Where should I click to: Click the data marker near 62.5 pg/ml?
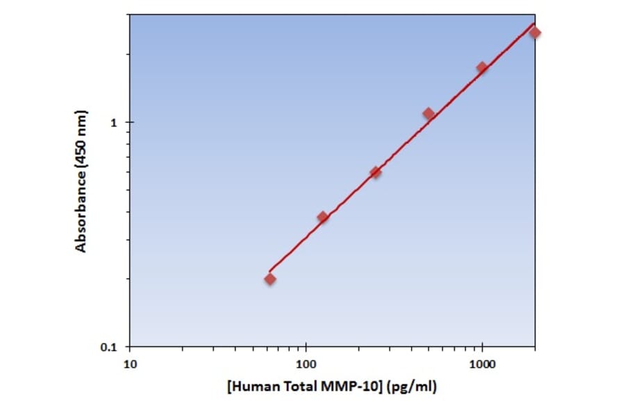tap(270, 279)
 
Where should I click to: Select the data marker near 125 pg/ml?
tap(323, 217)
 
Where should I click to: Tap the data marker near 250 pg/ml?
tap(376, 172)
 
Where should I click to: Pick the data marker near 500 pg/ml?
tap(428, 113)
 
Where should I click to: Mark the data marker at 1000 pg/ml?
tap(482, 67)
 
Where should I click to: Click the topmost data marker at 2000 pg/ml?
tap(535, 32)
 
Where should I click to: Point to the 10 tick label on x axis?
tap(130, 363)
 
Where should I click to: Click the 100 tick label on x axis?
tap(306, 363)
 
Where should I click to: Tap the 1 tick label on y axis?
tap(115, 122)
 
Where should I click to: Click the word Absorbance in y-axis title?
tap(81, 212)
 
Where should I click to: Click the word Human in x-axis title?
tap(251, 387)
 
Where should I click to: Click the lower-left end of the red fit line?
tap(269, 271)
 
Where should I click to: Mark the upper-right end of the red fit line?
tap(534, 24)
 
